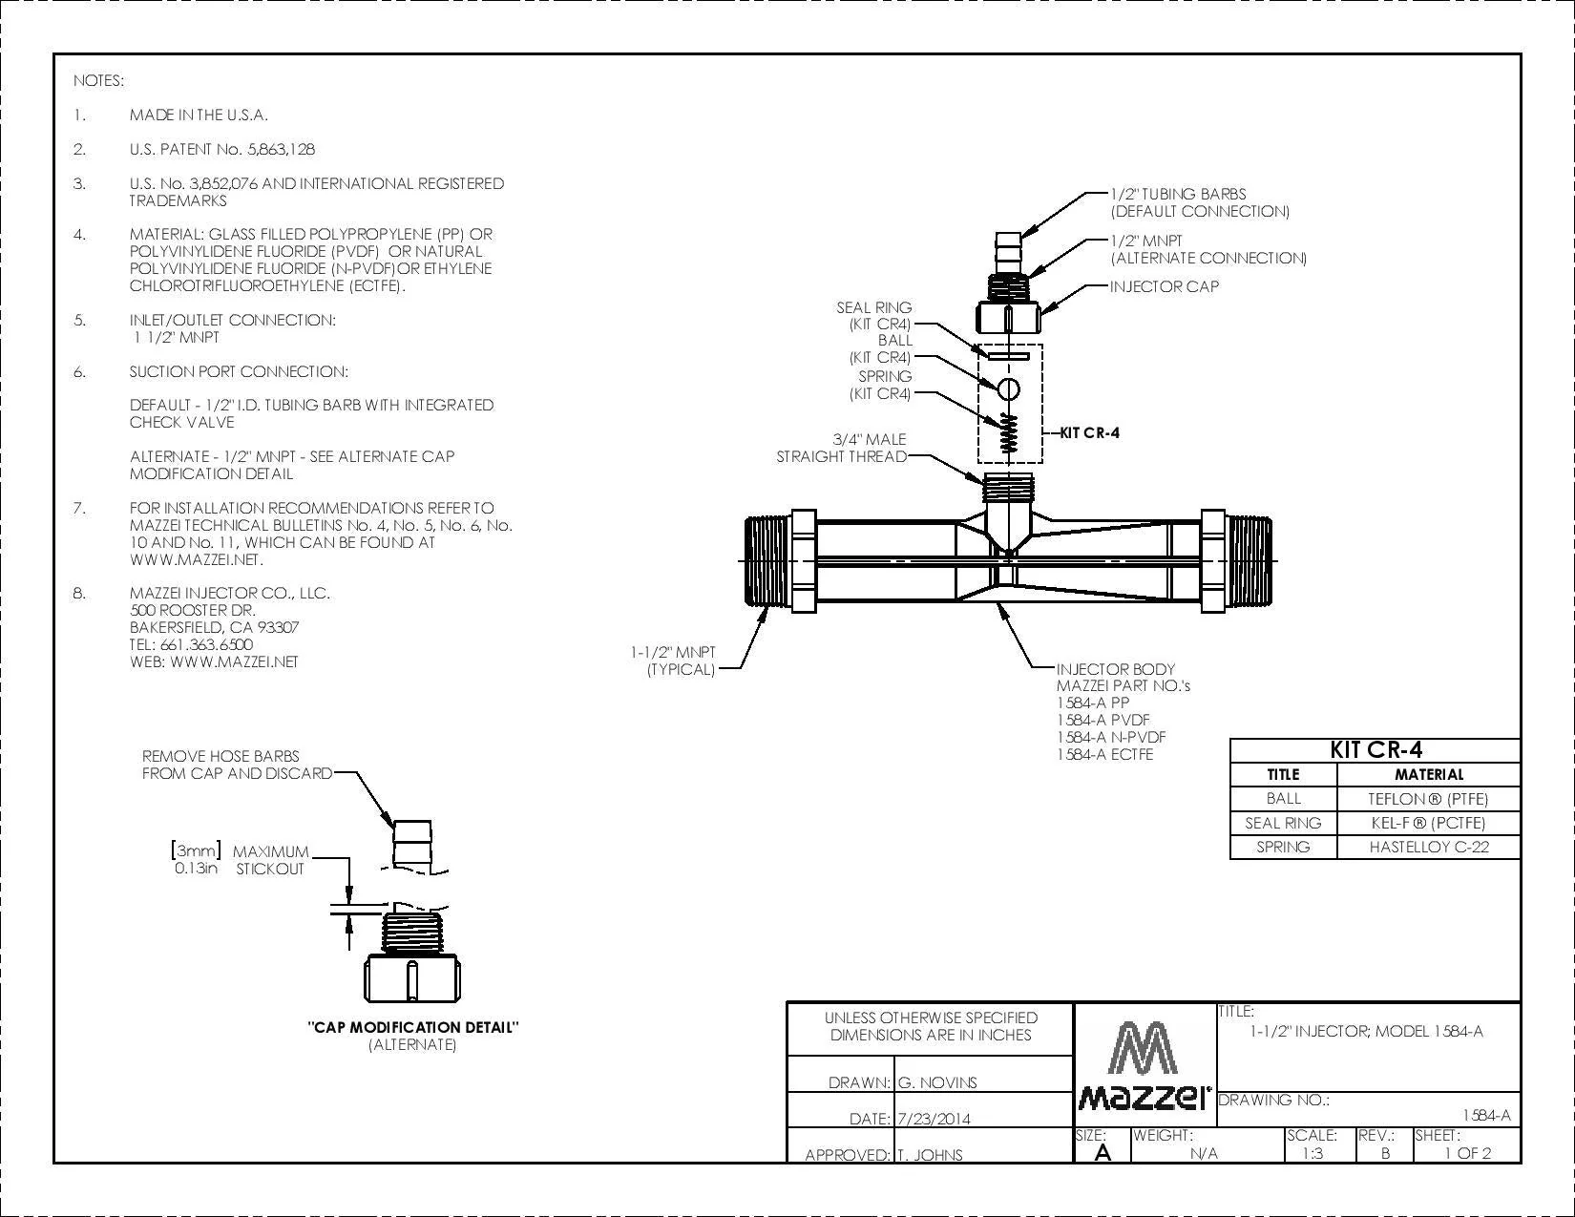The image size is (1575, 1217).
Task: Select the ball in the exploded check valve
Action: (x=1008, y=389)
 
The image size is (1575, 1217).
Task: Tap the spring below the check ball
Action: (x=1008, y=433)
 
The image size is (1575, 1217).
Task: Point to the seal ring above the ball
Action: (x=1008, y=357)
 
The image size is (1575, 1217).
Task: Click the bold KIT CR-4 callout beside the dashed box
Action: (x=1089, y=432)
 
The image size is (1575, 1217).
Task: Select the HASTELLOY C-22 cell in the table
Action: (x=1429, y=847)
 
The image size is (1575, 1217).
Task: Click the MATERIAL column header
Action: (x=1429, y=774)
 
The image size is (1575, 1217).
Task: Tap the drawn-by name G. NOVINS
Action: (x=937, y=1083)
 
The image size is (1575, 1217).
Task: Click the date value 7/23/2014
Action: (x=934, y=1119)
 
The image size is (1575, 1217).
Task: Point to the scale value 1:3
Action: (x=1312, y=1153)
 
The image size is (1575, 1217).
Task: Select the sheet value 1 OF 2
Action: (x=1467, y=1153)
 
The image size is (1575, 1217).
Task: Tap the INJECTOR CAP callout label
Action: (x=1165, y=286)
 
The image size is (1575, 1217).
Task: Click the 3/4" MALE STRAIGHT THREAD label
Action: (x=842, y=448)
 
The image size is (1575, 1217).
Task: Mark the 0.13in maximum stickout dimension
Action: (x=196, y=869)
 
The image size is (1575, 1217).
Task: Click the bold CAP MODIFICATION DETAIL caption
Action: (x=413, y=1027)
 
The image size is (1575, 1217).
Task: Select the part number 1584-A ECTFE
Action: (x=1104, y=754)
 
